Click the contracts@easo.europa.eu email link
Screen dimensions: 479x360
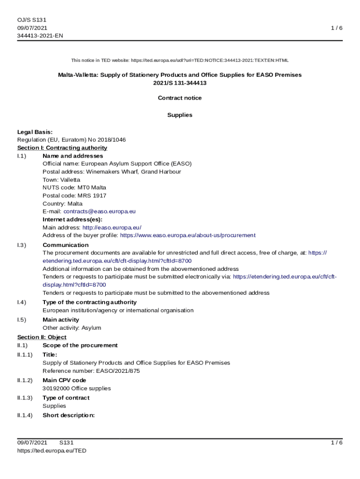click(100, 211)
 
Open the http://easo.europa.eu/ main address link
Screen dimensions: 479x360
click(112, 227)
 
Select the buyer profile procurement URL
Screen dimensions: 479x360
click(188, 235)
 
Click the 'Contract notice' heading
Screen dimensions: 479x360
click(180, 98)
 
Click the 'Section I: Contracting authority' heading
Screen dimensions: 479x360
click(62, 148)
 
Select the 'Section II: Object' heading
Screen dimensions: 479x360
click(42, 337)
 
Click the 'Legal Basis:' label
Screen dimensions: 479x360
click(35, 132)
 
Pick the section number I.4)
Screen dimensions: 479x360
click(22, 302)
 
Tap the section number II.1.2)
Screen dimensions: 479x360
click(25, 380)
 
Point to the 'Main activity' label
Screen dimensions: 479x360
click(61, 320)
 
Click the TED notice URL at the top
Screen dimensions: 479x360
click(210, 60)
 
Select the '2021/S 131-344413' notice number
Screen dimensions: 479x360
click(180, 83)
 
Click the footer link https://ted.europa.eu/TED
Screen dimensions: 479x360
click(51, 450)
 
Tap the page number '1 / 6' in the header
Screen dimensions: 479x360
click(337, 28)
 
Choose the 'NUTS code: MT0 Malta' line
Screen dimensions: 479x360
click(74, 188)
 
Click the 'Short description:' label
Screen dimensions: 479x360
click(69, 415)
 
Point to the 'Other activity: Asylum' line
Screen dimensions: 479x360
click(72, 328)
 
